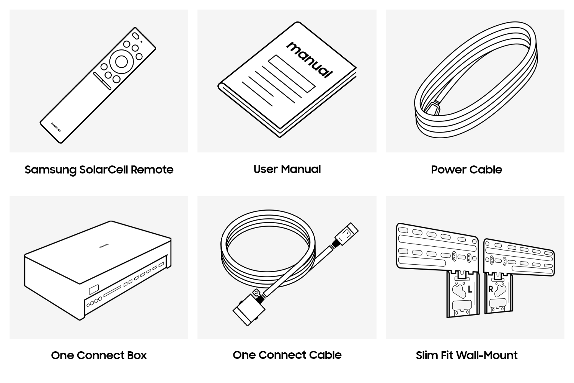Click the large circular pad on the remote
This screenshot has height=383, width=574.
click(121, 62)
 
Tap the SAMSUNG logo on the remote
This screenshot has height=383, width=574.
click(56, 127)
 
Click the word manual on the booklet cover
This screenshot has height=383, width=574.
click(310, 60)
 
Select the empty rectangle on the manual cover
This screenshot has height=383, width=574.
click(292, 74)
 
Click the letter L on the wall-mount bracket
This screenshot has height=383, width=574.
click(470, 290)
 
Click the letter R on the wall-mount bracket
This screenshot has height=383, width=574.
click(491, 290)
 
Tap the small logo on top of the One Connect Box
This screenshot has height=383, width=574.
click(104, 246)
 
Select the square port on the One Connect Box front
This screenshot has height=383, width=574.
click(94, 290)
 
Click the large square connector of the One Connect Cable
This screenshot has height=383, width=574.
click(249, 310)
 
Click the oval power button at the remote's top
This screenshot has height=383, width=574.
click(135, 36)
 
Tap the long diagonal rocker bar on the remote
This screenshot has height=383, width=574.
click(102, 81)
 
